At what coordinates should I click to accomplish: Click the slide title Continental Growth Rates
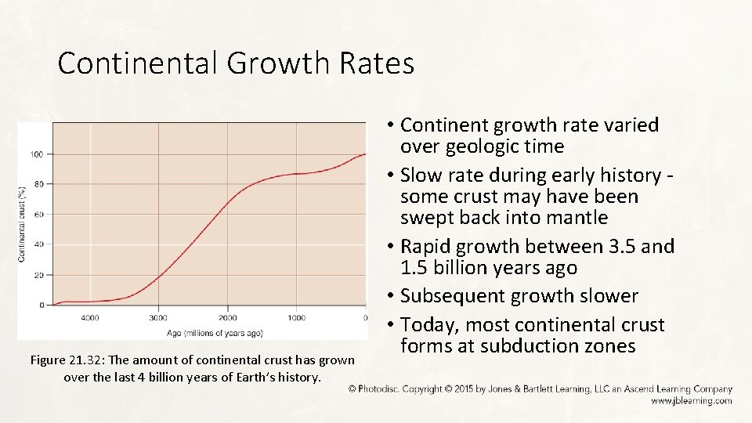[x=235, y=63]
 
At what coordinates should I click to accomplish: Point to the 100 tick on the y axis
[x=37, y=154]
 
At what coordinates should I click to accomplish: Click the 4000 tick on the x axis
[x=90, y=318]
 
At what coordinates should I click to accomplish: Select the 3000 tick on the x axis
[x=158, y=318]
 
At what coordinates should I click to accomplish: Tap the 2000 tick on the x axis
[x=227, y=318]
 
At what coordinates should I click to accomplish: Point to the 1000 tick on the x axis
[x=296, y=318]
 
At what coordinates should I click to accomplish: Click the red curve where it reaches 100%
[x=363, y=154]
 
